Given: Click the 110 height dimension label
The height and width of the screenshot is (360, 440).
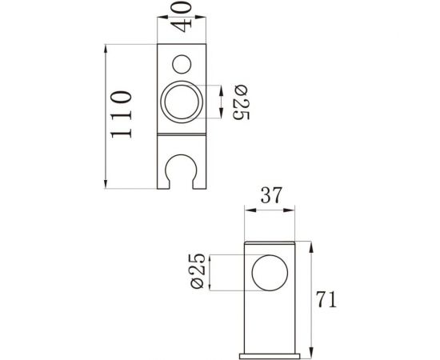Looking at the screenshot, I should coord(121,116).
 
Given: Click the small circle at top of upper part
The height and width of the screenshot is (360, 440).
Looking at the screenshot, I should coord(182,63).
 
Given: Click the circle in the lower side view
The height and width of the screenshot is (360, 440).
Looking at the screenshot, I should coord(268,273).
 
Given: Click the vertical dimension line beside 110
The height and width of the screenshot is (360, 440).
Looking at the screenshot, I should coord(106,116).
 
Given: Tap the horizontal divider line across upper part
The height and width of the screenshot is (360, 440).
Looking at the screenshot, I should coord(182,134).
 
